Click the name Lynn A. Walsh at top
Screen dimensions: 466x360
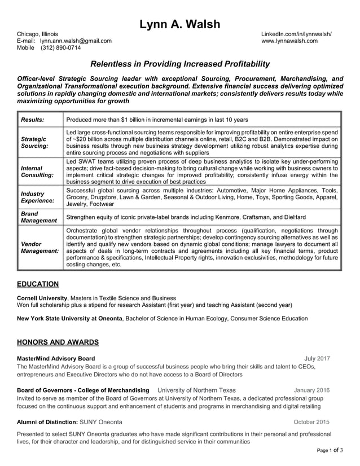click(x=180, y=24)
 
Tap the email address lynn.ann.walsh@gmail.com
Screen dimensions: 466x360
click(x=76, y=41)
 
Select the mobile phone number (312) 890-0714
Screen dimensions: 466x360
click(x=64, y=48)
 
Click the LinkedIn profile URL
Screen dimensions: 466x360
click(x=296, y=34)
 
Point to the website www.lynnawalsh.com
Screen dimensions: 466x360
click(x=289, y=41)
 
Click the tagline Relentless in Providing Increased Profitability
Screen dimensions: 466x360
click(x=180, y=64)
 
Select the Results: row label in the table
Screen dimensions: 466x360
click(x=33, y=120)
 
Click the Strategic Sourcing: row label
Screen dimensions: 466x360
click(x=34, y=142)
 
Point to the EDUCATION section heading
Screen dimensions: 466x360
click(x=38, y=284)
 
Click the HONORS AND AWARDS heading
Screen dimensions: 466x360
click(x=58, y=342)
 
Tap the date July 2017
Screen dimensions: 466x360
click(x=317, y=358)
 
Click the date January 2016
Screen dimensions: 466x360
click(x=311, y=390)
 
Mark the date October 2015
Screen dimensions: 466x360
click(x=311, y=422)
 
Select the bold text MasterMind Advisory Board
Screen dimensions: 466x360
click(x=56, y=358)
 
